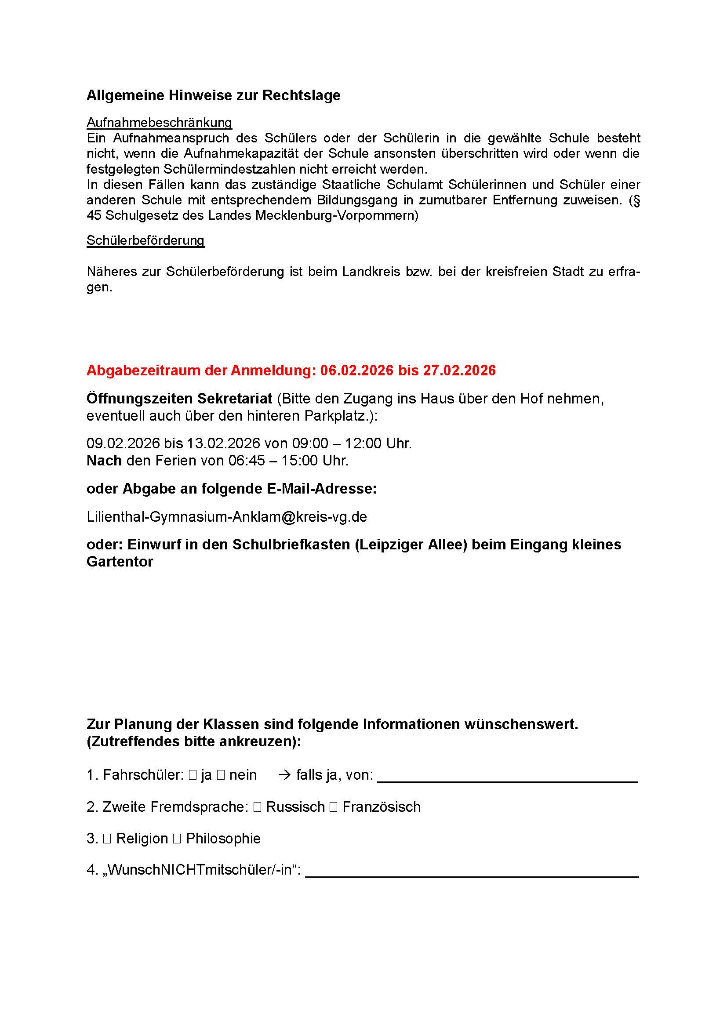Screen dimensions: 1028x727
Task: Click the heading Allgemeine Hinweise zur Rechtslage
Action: point(213,95)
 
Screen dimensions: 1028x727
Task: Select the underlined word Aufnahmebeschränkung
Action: point(159,122)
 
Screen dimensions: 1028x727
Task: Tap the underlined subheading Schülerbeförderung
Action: point(145,240)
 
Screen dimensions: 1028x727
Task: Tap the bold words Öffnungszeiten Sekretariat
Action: point(179,398)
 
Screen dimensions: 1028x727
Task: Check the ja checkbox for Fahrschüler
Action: point(193,775)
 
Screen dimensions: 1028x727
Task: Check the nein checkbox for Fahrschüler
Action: point(221,775)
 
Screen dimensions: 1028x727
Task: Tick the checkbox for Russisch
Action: point(257,807)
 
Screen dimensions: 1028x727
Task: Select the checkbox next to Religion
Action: point(106,839)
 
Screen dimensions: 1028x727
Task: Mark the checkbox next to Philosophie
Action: point(177,839)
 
